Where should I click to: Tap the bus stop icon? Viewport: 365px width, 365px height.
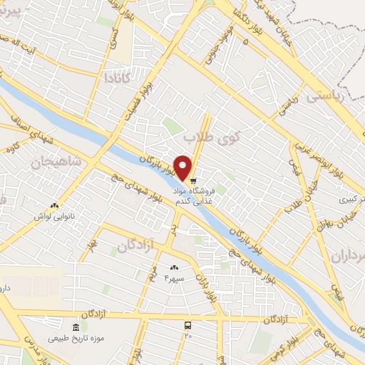[x=187, y=325]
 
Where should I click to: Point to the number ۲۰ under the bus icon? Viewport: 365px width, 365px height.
[x=188, y=335]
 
